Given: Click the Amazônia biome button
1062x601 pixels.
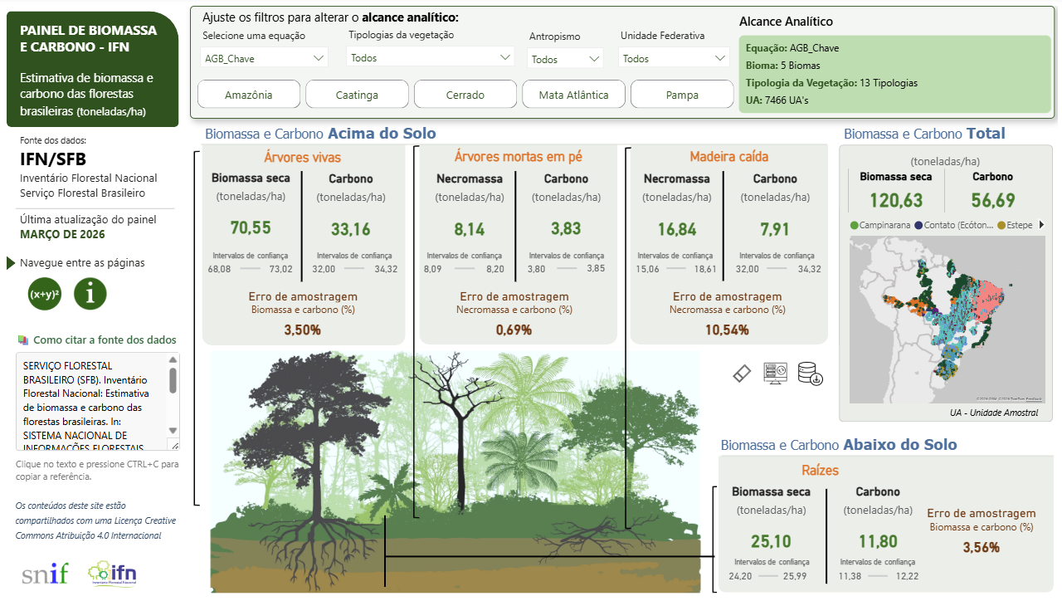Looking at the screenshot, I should pyautogui.click(x=249, y=95).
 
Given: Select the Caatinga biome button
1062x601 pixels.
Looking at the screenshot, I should pyautogui.click(x=357, y=95).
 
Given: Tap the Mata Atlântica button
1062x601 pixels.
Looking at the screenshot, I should pyautogui.click(x=573, y=95).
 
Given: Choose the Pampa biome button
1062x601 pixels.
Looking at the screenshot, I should pyautogui.click(x=682, y=95).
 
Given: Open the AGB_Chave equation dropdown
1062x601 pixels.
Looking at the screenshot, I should pyautogui.click(x=265, y=58).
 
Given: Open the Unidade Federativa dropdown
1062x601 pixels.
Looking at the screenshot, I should pyautogui.click(x=674, y=58).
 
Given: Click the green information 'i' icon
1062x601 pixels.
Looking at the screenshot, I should pyautogui.click(x=90, y=294).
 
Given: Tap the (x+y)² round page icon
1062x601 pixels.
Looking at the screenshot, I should pyautogui.click(x=45, y=294).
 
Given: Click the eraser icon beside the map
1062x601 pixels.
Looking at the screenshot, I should pyautogui.click(x=742, y=374).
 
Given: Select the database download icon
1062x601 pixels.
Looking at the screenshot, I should pyautogui.click(x=810, y=374).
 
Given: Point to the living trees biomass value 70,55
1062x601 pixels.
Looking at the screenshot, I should pyautogui.click(x=251, y=228).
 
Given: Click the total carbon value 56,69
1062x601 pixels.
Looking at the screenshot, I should pyautogui.click(x=992, y=201).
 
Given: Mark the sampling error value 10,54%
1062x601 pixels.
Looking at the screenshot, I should pyautogui.click(x=727, y=330).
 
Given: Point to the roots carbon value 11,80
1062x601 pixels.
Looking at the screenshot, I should pyautogui.click(x=878, y=542).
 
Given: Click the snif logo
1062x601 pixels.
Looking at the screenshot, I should pyautogui.click(x=46, y=573).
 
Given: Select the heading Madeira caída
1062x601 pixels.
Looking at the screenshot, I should pyautogui.click(x=728, y=156).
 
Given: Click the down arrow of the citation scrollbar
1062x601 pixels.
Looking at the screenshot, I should pyautogui.click(x=173, y=430).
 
